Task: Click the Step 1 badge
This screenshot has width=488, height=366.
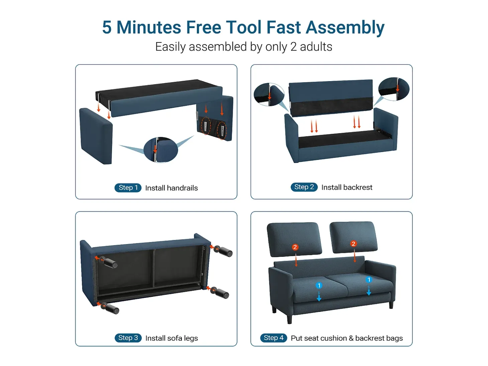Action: pyautogui.click(x=128, y=188)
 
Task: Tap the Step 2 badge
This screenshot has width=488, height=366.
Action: pyautogui.click(x=304, y=187)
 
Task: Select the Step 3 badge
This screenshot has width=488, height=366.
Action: pyautogui.click(x=128, y=338)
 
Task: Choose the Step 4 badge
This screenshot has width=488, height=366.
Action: pyautogui.click(x=273, y=338)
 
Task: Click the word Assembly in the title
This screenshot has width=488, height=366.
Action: pyautogui.click(x=345, y=27)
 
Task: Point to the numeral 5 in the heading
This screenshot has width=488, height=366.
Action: pyautogui.click(x=107, y=27)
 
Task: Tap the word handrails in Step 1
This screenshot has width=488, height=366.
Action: pyautogui.click(x=182, y=188)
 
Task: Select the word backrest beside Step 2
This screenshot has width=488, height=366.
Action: pyautogui.click(x=358, y=187)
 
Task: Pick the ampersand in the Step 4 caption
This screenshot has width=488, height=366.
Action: pyautogui.click(x=351, y=338)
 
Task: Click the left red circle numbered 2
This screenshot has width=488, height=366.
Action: pyautogui.click(x=295, y=247)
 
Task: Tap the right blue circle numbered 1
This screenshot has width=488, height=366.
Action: pyautogui.click(x=369, y=280)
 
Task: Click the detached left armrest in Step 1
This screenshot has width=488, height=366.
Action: pyautogui.click(x=96, y=136)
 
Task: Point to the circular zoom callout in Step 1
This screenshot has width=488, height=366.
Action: pyautogui.click(x=160, y=150)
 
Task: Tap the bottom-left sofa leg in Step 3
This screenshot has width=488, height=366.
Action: pyautogui.click(x=110, y=308)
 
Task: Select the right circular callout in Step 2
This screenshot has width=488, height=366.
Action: pyautogui.click(x=394, y=89)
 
